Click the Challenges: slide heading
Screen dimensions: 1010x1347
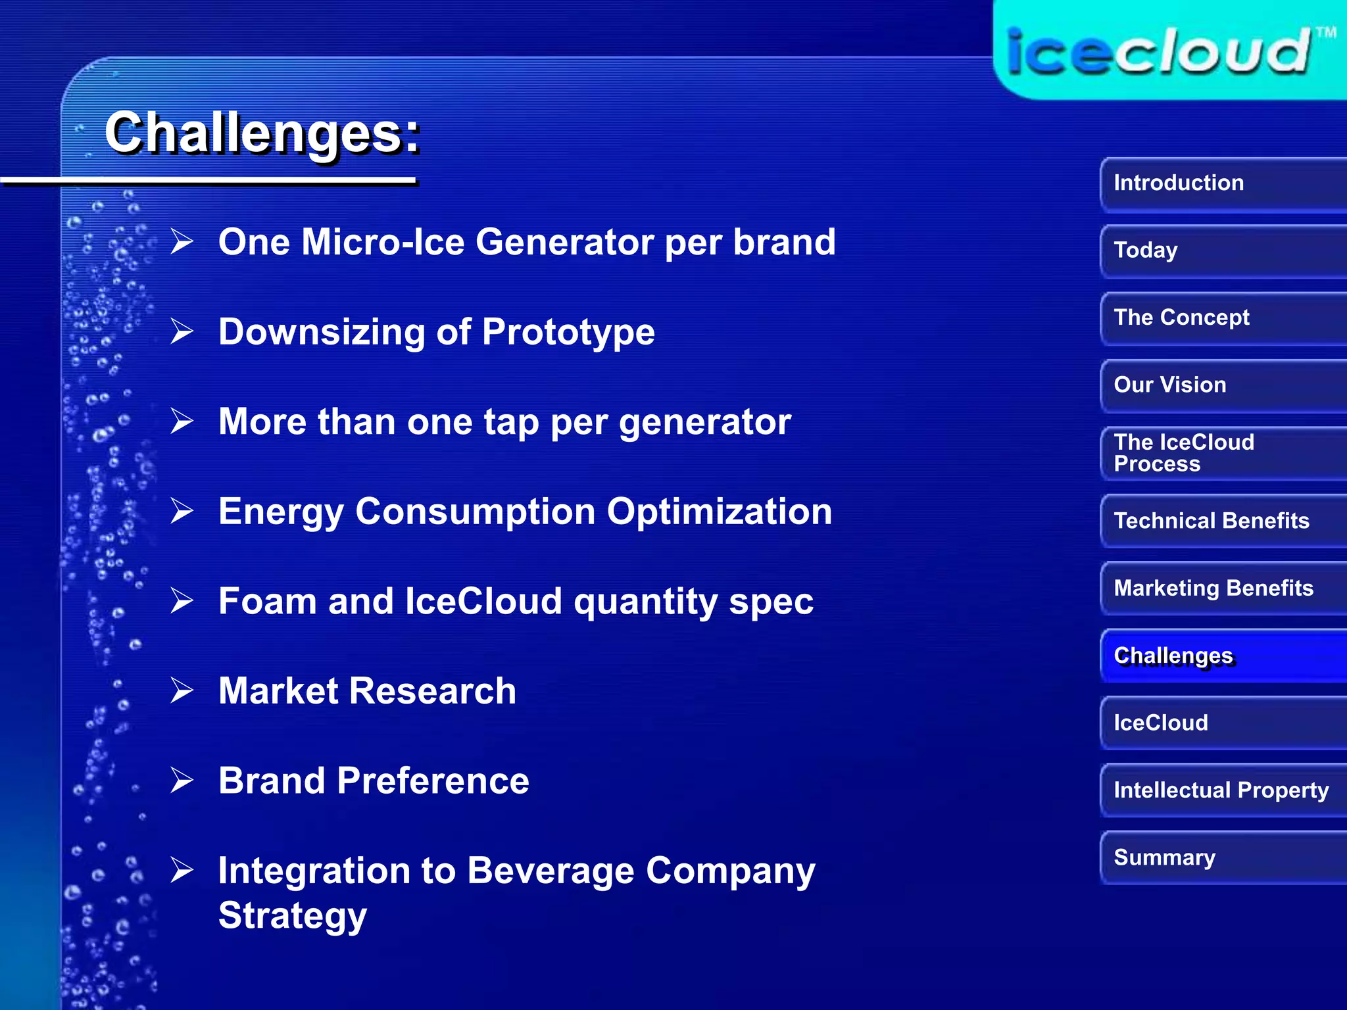point(262,133)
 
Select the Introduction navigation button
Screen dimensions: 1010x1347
point(1222,183)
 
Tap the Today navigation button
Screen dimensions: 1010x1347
point(1222,251)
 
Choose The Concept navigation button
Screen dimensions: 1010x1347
point(1222,318)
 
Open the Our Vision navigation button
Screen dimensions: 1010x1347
point(1222,385)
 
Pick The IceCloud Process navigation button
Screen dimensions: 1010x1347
point(1222,453)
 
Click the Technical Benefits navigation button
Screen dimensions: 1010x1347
point(1222,521)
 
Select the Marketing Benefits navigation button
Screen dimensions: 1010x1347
point(1222,588)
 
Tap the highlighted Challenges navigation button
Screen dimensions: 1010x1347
point(1222,656)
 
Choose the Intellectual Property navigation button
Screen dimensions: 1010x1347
point(1222,790)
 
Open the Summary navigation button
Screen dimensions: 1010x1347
point(1222,857)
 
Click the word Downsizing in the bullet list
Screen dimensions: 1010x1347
point(322,332)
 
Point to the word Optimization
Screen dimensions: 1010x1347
point(719,512)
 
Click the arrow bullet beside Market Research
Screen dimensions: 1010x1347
point(182,690)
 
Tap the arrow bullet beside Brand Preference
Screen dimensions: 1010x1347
point(182,781)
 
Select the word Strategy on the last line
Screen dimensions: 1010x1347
point(292,915)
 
